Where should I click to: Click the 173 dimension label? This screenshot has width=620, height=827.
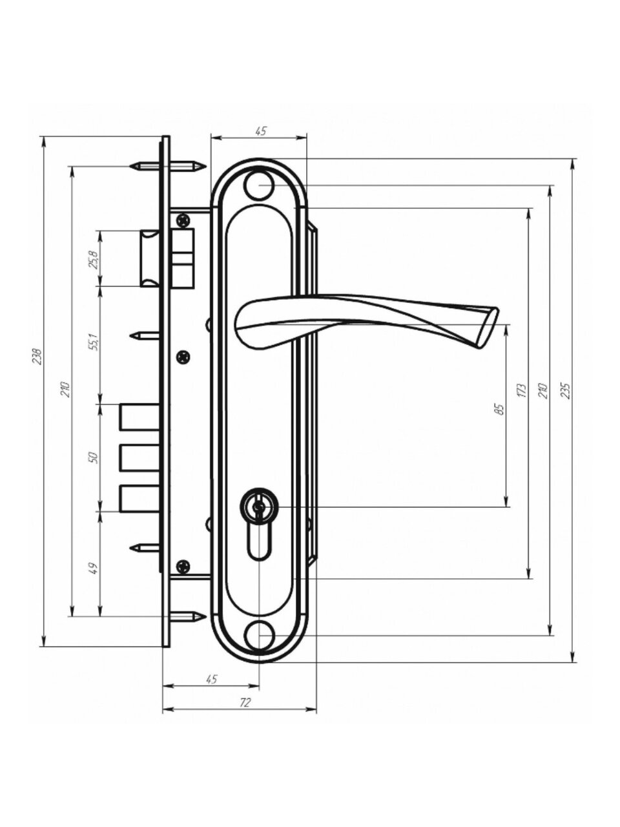[521, 392]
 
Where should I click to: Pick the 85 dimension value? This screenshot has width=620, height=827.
[499, 410]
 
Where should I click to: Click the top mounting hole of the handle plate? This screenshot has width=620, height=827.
[259, 185]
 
